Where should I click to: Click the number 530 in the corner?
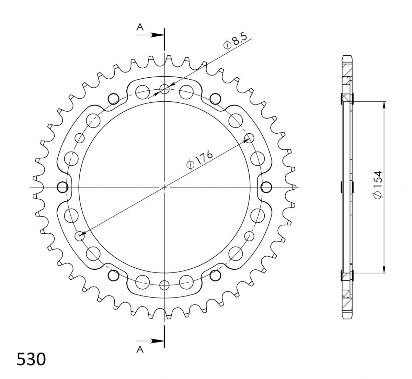click(31, 359)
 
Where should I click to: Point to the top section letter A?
click(140, 27)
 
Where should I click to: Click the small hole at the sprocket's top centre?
click(164, 89)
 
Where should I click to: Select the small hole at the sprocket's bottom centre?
click(164, 285)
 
